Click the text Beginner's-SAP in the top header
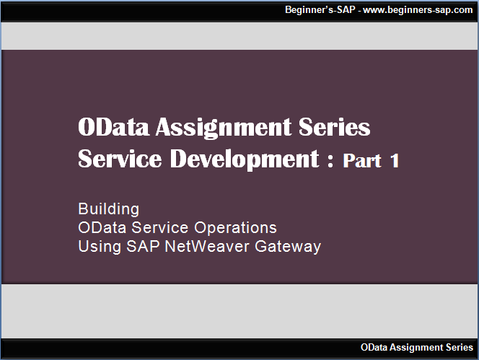point(317,11)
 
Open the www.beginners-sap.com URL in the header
point(418,11)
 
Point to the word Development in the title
point(244,159)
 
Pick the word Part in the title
point(362,161)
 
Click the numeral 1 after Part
point(394,161)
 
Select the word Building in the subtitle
point(108,209)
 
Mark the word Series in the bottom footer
point(460,348)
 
